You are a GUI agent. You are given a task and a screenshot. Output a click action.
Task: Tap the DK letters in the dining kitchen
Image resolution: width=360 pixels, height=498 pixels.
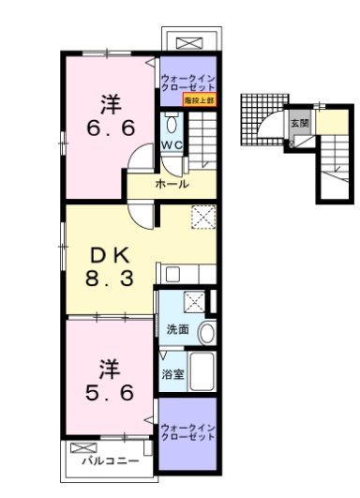(x=105, y=255)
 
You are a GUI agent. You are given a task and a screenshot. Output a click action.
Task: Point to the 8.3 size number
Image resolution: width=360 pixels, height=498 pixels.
(x=106, y=278)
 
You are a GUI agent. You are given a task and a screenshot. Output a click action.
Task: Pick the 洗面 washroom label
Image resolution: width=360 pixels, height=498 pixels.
(x=177, y=329)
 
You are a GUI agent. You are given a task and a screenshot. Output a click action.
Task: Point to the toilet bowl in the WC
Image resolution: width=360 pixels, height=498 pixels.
(x=172, y=124)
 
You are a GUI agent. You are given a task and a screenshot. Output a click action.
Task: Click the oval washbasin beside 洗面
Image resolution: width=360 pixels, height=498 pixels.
(x=206, y=331)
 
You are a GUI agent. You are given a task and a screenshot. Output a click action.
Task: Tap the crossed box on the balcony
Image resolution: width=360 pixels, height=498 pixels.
(x=80, y=446)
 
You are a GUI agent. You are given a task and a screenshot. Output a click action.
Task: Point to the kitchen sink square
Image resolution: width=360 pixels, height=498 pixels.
(x=172, y=274)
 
